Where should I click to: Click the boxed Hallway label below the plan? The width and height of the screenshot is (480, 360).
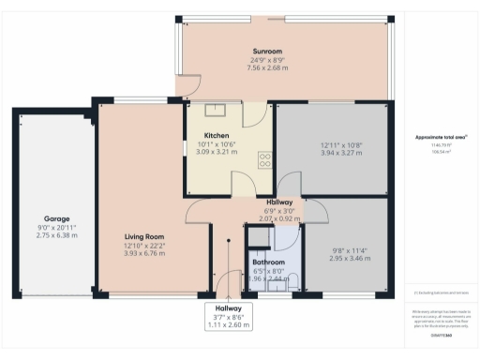tap(228, 307)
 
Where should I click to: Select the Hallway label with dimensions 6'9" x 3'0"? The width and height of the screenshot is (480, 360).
tap(279, 202)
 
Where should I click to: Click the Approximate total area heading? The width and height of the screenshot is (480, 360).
tap(441, 138)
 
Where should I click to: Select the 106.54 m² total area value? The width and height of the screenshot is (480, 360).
tap(440, 153)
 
